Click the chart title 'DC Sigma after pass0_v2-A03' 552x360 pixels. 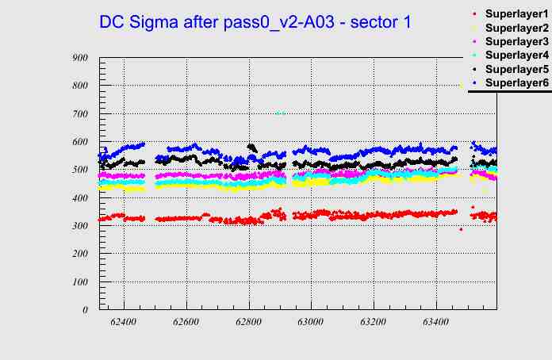(x=255, y=22)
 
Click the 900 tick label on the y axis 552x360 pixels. (x=79, y=57)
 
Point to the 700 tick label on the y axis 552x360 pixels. (x=79, y=113)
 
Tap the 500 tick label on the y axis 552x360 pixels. (x=79, y=170)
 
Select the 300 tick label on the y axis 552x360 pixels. (x=79, y=226)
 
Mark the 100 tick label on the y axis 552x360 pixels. (x=79, y=282)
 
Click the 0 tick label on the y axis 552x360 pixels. (x=84, y=310)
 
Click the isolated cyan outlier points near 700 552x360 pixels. (x=280, y=113)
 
